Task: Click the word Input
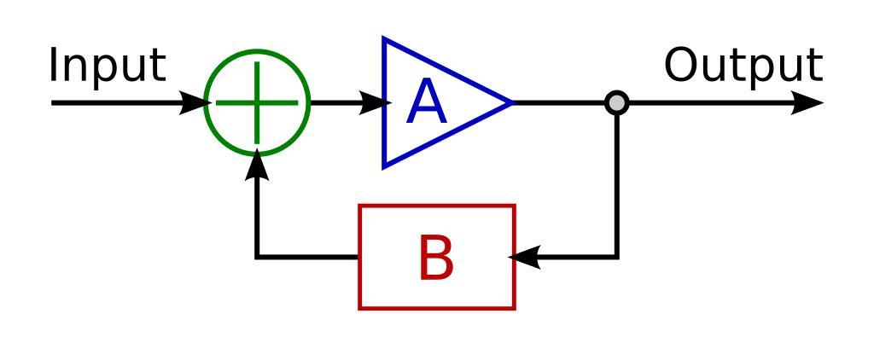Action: coord(107,66)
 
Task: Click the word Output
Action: coord(743,66)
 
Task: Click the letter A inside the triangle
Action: coord(427,104)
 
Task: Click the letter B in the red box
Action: coord(436,258)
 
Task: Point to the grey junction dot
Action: coord(616,103)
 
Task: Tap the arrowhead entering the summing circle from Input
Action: coord(195,103)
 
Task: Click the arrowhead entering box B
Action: coord(523,257)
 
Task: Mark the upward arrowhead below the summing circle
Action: coord(257,167)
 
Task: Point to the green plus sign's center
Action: coord(257,103)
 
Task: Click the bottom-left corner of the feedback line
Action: coord(257,257)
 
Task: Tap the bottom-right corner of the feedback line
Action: coord(616,257)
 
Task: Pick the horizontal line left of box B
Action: coord(307,257)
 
